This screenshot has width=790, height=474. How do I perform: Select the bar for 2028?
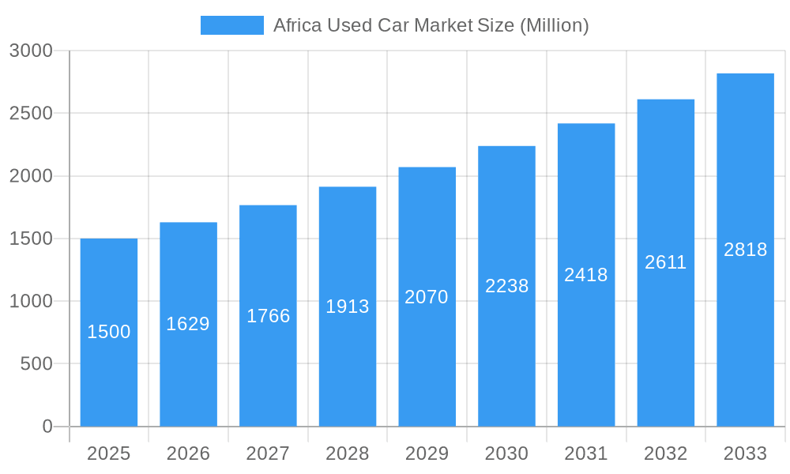(x=348, y=363)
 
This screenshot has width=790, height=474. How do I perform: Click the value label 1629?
(x=188, y=324)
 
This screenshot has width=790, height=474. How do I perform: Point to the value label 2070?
(x=427, y=297)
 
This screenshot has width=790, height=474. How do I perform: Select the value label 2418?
(x=586, y=275)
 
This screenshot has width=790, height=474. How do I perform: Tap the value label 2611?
(x=666, y=262)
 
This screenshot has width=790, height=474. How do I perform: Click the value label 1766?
(x=269, y=316)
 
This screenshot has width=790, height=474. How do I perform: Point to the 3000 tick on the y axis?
(x=31, y=51)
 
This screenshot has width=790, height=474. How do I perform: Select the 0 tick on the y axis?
(x=47, y=427)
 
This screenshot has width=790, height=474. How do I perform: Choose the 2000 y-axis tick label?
(x=31, y=176)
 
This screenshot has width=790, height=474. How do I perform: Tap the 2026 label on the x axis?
(x=188, y=453)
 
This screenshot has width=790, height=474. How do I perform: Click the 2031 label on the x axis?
(x=586, y=453)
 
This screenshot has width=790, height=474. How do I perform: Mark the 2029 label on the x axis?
(x=427, y=453)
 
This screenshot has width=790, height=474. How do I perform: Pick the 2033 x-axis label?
(x=745, y=453)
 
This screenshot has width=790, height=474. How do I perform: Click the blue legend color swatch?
(x=232, y=25)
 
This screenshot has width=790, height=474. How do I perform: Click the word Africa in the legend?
(x=295, y=25)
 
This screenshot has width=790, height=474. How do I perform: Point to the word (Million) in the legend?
(x=554, y=25)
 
